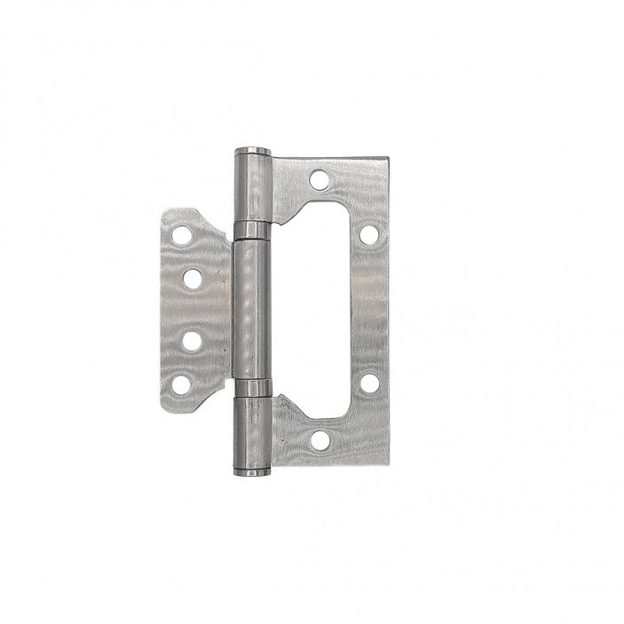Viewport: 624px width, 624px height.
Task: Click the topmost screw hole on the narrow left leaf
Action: click(183, 235)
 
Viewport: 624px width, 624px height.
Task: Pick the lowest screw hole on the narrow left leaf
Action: click(183, 384)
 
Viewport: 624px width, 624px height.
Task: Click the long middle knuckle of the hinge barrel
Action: click(252, 311)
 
